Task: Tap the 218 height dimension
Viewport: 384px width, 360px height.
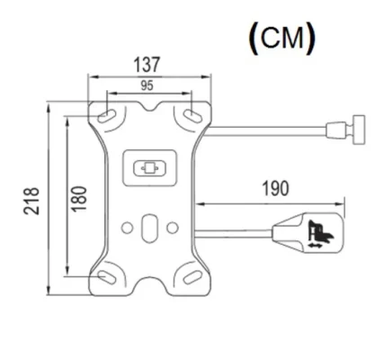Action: click(33, 198)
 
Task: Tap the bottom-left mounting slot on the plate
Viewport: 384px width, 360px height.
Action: click(107, 274)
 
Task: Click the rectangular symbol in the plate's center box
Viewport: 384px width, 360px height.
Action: click(149, 167)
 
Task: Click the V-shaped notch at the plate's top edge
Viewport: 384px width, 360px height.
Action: click(149, 108)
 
